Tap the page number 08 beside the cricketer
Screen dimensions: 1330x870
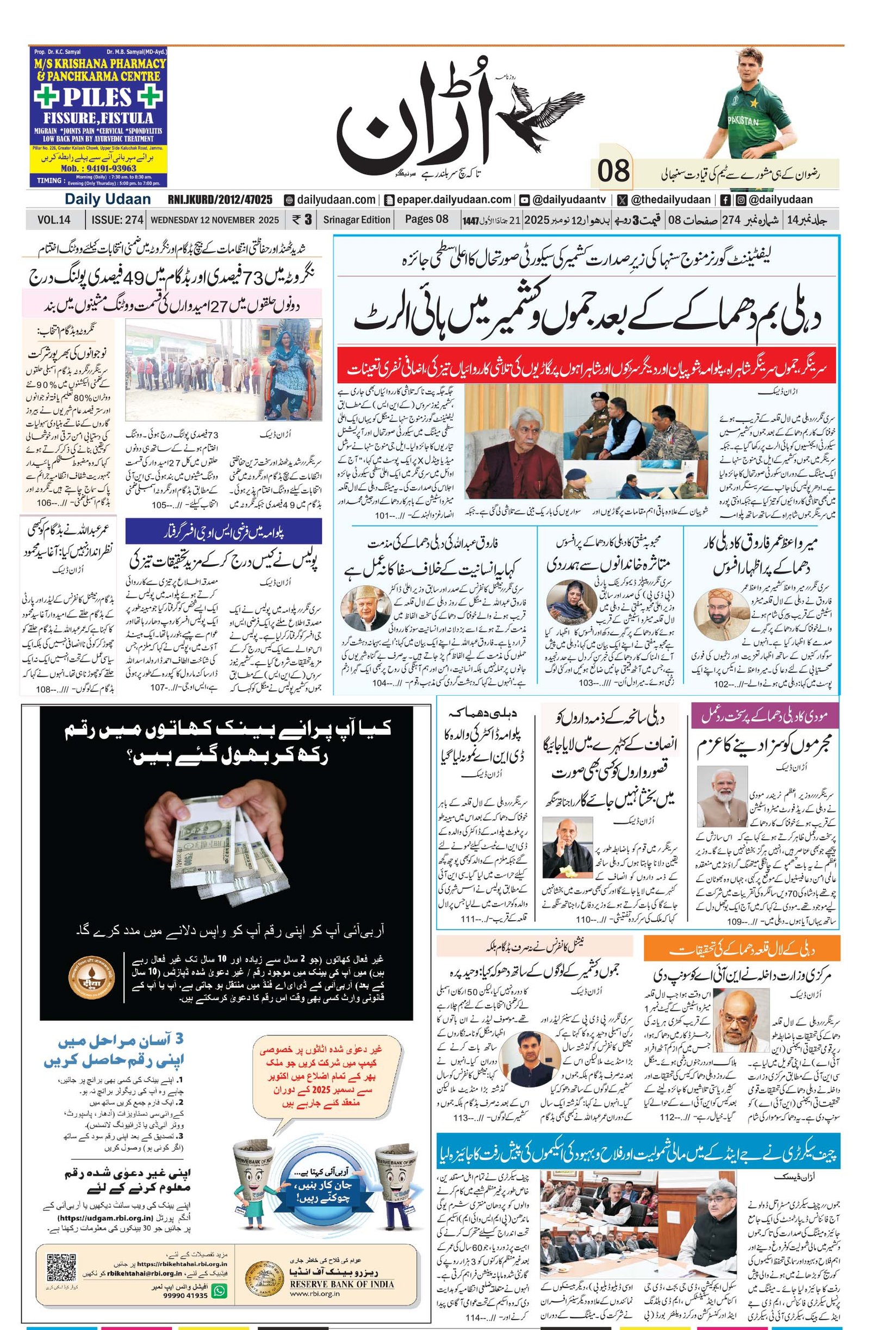[x=613, y=171]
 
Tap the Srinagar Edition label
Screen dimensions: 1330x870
[x=356, y=220]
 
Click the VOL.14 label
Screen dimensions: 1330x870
[x=54, y=220]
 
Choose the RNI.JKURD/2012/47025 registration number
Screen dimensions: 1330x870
[x=220, y=199]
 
